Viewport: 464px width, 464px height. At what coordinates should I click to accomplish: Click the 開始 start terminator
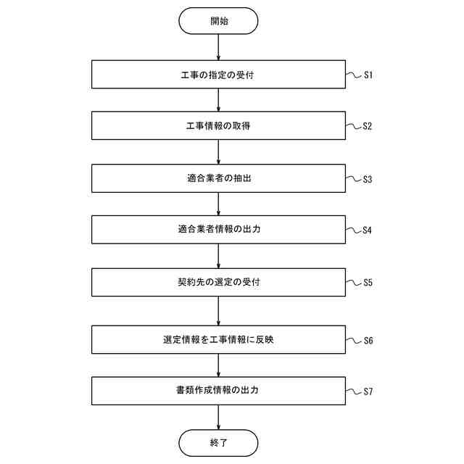(x=218, y=21)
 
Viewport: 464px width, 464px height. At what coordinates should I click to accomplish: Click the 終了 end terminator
(x=218, y=442)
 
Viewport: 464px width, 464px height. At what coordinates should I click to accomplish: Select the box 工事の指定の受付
(x=218, y=75)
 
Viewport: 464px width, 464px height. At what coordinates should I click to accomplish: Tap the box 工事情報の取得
(x=218, y=125)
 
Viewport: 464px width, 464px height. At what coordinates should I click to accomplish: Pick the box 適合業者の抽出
(x=218, y=178)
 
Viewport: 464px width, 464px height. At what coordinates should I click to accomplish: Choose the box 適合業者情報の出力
(x=218, y=230)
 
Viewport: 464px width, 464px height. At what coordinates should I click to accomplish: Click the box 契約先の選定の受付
(x=218, y=282)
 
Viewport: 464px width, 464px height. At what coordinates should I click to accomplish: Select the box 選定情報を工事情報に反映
(x=218, y=339)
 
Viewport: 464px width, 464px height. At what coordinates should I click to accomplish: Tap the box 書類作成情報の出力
(x=218, y=391)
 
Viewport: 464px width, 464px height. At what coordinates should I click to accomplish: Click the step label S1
(x=368, y=75)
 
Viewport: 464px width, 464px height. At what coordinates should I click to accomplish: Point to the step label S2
(x=368, y=126)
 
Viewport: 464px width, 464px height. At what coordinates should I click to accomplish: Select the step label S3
(x=368, y=179)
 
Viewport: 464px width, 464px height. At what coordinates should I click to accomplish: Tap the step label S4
(x=368, y=231)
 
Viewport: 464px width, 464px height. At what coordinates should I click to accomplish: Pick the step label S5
(x=368, y=283)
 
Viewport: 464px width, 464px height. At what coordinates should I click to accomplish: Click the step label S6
(x=368, y=340)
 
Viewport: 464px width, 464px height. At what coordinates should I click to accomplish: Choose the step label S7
(x=368, y=391)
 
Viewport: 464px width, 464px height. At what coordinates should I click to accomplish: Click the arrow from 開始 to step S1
(x=218, y=47)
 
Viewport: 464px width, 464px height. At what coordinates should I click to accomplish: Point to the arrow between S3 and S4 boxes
(x=218, y=204)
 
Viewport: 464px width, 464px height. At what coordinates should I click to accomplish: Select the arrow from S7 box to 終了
(x=218, y=417)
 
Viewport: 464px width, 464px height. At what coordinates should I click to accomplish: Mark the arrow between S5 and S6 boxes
(x=218, y=310)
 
